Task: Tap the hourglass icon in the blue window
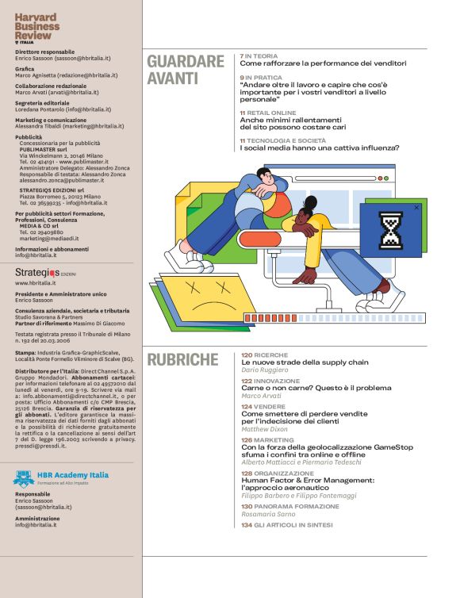(x=390, y=231)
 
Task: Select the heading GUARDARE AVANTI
(x=186, y=69)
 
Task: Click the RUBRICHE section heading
(x=182, y=359)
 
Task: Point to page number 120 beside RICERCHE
(x=247, y=355)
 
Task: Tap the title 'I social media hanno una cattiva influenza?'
(x=319, y=148)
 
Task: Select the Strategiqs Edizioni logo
(x=44, y=272)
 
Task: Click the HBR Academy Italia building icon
(x=24, y=478)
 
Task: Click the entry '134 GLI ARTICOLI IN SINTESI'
(x=287, y=524)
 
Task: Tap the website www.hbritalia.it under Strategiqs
(x=35, y=282)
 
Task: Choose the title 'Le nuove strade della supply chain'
(x=305, y=362)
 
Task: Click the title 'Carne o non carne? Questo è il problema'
(x=316, y=388)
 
